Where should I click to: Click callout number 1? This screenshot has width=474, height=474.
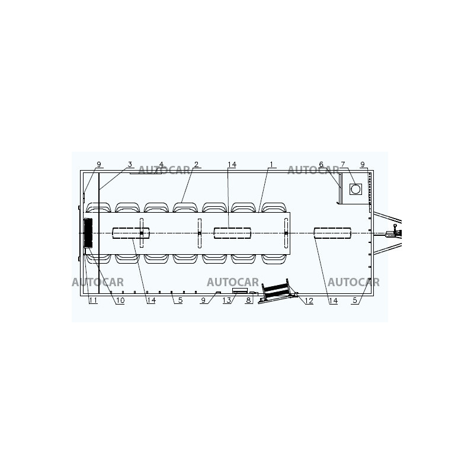pyautogui.click(x=271, y=164)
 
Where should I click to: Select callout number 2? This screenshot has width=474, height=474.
pyautogui.click(x=196, y=164)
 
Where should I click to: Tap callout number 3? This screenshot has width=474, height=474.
pyautogui.click(x=130, y=164)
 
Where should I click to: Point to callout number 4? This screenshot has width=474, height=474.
pyautogui.click(x=161, y=164)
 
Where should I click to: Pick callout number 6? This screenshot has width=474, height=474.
pyautogui.click(x=321, y=164)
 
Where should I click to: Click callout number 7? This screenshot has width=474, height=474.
pyautogui.click(x=342, y=164)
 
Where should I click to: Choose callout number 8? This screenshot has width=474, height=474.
pyautogui.click(x=248, y=300)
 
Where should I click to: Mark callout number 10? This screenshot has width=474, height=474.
pyautogui.click(x=120, y=300)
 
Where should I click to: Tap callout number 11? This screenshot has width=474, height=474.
pyautogui.click(x=93, y=300)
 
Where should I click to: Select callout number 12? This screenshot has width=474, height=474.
pyautogui.click(x=309, y=300)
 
